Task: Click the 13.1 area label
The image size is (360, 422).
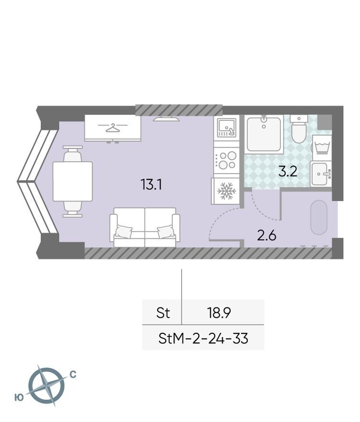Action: (x=151, y=185)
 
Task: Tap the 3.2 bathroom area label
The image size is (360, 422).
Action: (x=288, y=172)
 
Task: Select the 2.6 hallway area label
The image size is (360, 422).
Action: (x=267, y=236)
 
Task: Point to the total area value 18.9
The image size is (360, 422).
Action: (x=219, y=313)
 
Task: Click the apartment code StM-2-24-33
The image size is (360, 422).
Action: (x=203, y=338)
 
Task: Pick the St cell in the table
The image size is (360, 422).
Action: (x=163, y=313)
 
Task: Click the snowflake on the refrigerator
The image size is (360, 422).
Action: (x=227, y=191)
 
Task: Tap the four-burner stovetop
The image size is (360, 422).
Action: (x=227, y=160)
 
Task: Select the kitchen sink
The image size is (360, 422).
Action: (x=227, y=128)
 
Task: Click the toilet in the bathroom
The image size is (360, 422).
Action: (x=299, y=129)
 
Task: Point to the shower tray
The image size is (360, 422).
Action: (x=264, y=134)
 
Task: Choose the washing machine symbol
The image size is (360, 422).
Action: (x=322, y=148)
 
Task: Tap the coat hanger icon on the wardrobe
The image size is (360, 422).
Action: (x=113, y=128)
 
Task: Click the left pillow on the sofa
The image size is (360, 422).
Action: (x=124, y=232)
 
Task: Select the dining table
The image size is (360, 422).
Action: (x=73, y=181)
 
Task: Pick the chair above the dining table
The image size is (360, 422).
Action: (x=72, y=153)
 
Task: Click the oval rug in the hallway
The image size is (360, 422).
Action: (x=319, y=217)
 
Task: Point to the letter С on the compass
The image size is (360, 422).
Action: (x=73, y=375)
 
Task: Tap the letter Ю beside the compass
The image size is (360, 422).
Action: (x=19, y=398)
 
